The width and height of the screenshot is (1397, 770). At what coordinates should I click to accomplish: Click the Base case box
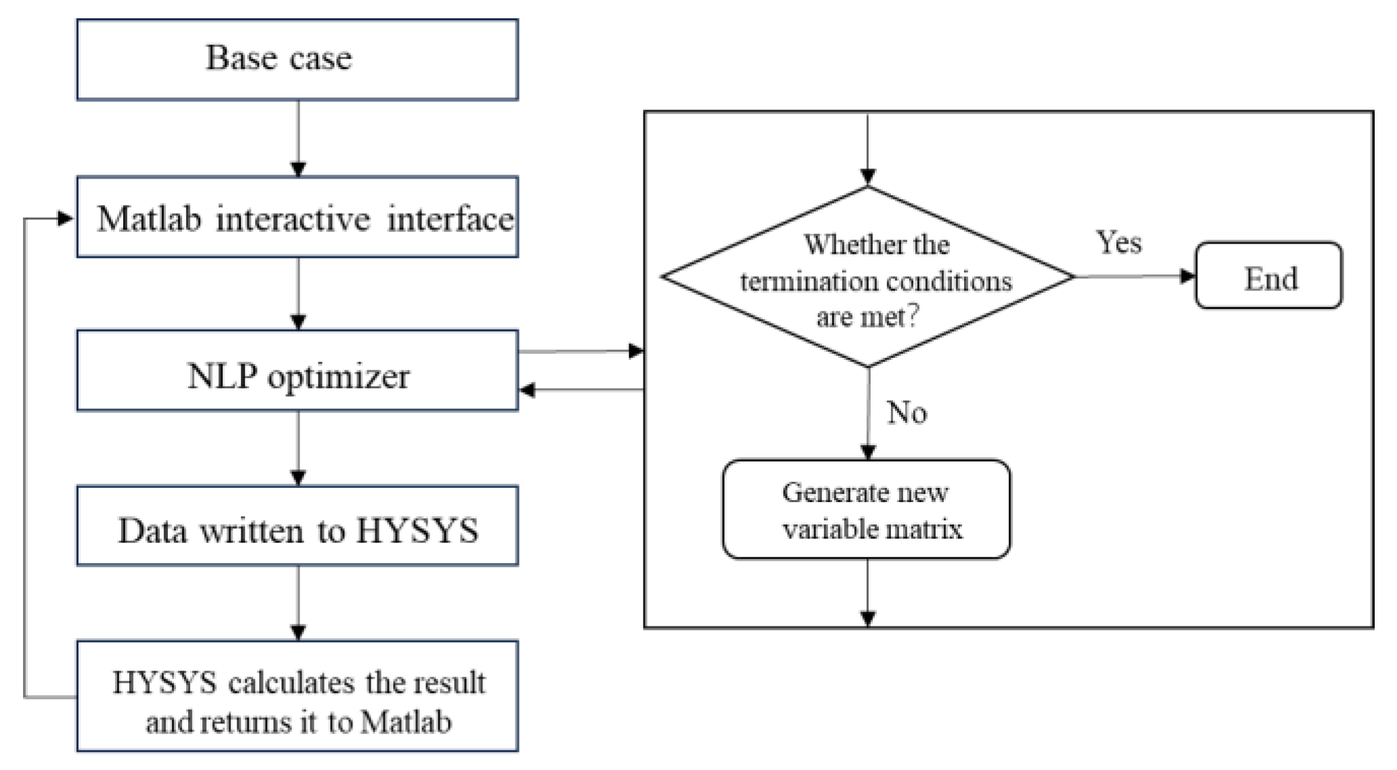coord(298,60)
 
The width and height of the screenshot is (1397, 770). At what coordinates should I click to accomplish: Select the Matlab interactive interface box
coord(298,218)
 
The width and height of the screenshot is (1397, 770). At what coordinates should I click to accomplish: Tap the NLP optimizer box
coord(298,371)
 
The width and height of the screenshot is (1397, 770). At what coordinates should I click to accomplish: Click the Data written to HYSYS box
coord(298,526)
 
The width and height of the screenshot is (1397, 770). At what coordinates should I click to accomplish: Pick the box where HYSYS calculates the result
coord(298,697)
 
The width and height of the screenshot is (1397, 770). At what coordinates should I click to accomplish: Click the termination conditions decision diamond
coord(868,277)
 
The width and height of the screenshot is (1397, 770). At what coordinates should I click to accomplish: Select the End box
coord(1268,276)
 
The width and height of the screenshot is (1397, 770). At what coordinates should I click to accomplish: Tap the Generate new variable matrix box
coord(867,510)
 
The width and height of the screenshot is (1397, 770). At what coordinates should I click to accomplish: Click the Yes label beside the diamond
coord(1118,242)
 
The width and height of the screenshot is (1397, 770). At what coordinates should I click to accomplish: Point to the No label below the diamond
coord(907,413)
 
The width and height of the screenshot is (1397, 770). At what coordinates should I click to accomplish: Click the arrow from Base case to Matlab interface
coord(298,139)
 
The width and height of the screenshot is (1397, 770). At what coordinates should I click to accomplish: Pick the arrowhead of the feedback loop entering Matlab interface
coord(66,219)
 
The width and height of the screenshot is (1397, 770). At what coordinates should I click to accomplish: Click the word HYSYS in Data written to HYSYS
coord(417,530)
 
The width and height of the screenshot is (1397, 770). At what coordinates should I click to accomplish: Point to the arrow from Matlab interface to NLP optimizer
coord(298,294)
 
